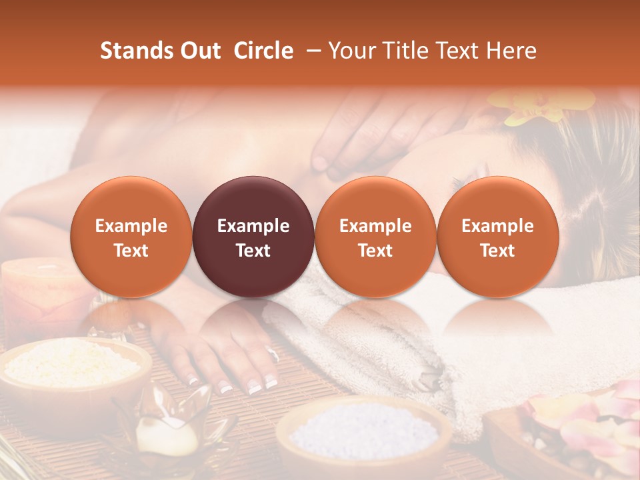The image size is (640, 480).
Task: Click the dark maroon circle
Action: click(253, 237)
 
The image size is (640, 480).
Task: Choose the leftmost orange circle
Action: click(131, 237)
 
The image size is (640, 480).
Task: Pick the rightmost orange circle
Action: click(497, 237)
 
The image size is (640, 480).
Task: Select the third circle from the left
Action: click(375, 237)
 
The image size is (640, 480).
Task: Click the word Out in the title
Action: click(199, 51)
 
